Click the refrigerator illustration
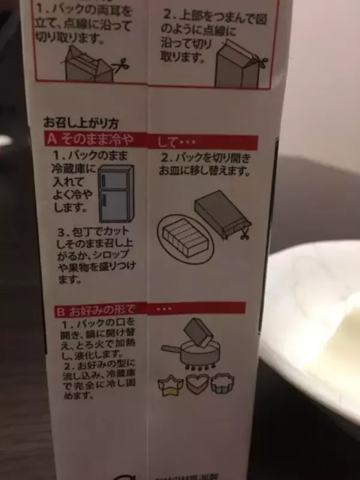point(112,196)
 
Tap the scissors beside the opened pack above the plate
point(244,233)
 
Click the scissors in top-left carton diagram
point(120,64)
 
